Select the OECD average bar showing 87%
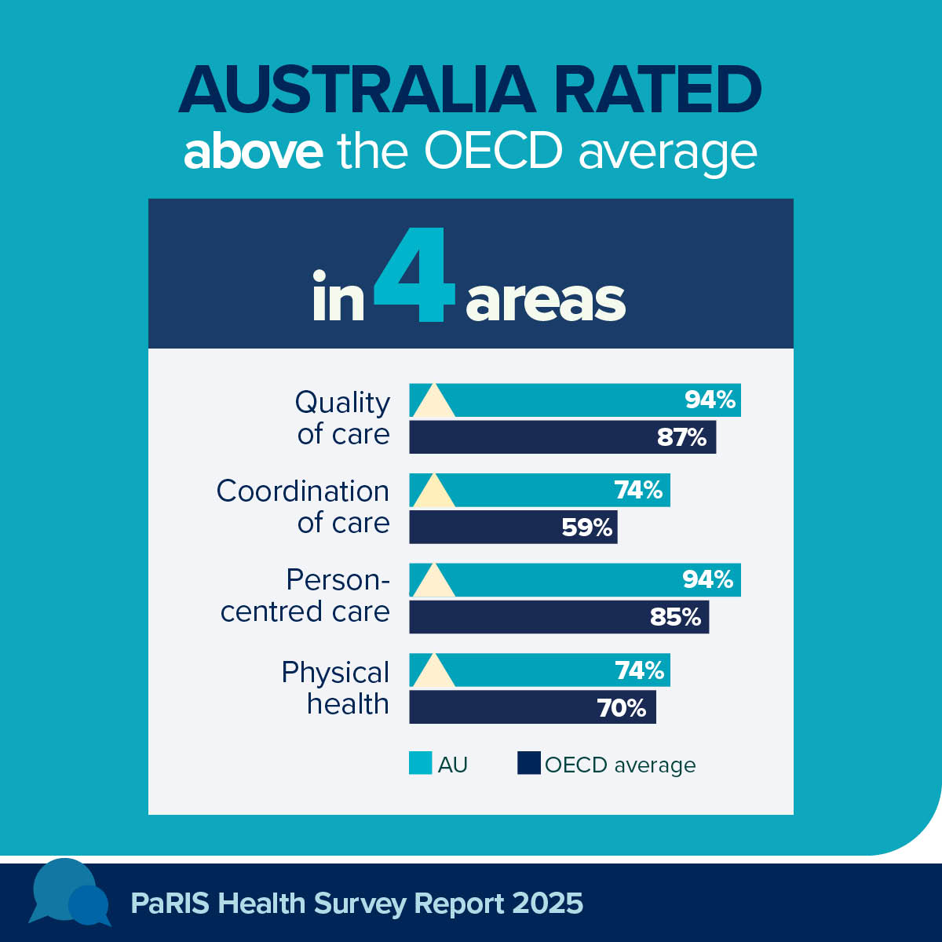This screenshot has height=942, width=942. (x=562, y=437)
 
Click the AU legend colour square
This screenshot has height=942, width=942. (x=420, y=764)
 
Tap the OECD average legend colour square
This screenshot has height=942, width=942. (x=528, y=764)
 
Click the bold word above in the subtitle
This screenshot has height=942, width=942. (x=253, y=152)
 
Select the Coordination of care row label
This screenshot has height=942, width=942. (x=304, y=506)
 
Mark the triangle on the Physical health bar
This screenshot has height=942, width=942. (x=433, y=672)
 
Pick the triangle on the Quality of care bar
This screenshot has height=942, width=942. (x=433, y=402)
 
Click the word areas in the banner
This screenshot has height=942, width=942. (x=546, y=301)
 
